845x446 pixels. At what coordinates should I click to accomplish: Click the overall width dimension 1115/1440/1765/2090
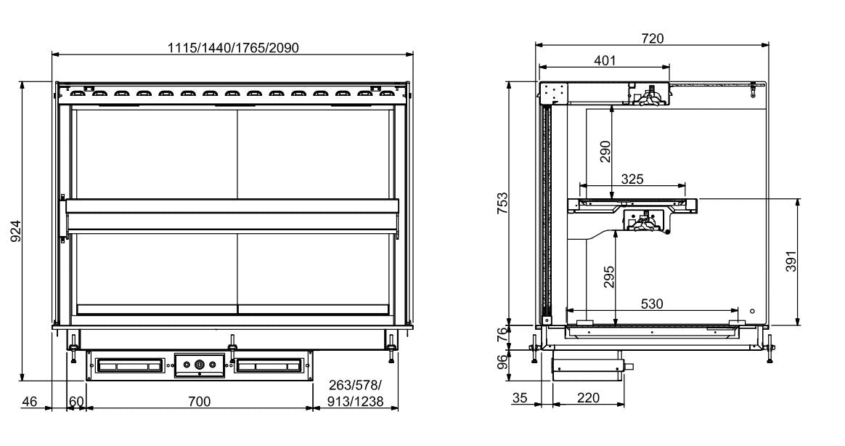coord(233,48)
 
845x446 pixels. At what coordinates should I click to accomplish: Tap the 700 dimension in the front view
coord(200,401)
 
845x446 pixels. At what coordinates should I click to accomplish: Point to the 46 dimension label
coord(29,401)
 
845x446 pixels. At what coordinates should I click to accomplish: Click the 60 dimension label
coord(76,401)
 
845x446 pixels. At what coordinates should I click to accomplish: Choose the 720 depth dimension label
coord(652,38)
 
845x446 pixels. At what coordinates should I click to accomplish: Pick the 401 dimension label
coord(604,61)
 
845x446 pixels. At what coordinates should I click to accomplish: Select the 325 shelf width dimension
coord(632,178)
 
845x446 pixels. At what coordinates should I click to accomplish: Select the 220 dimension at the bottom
coord(588,398)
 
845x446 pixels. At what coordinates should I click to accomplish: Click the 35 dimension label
coord(519,398)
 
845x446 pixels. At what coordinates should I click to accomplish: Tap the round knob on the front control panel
coord(199,365)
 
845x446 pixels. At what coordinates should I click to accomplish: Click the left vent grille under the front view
coord(129,365)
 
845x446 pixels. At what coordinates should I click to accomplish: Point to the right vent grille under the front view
coord(268,365)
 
